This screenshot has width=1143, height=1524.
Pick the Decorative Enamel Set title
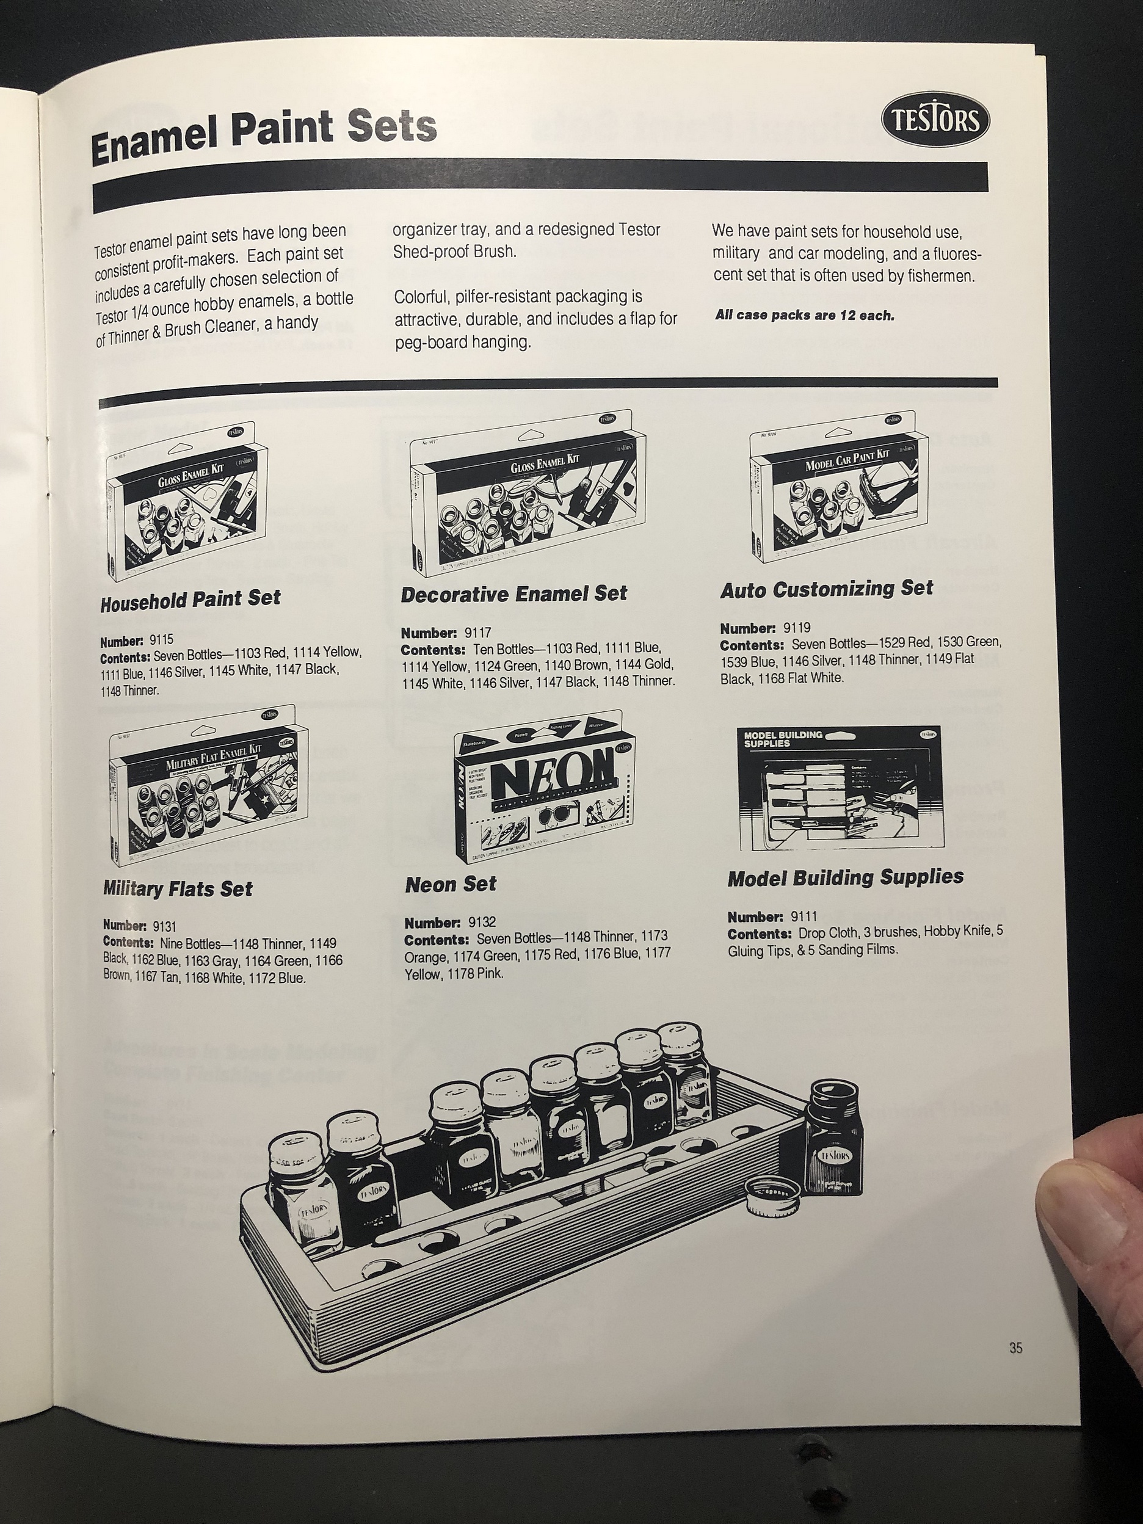(514, 594)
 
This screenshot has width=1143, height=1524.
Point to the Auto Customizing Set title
(826, 590)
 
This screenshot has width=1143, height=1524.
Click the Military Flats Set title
(178, 889)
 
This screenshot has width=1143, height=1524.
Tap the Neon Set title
(451, 885)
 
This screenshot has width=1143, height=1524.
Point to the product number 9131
(165, 927)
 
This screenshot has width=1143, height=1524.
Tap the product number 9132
(482, 922)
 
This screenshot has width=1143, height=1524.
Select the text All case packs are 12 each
(804, 316)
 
